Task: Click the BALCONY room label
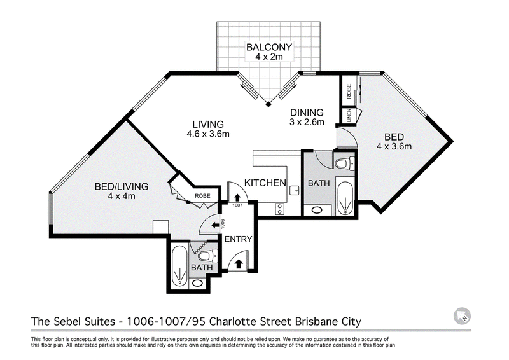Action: (x=269, y=47)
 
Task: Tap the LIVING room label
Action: (x=208, y=124)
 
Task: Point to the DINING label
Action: (x=307, y=113)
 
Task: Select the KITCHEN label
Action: (x=265, y=183)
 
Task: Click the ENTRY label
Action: (x=238, y=239)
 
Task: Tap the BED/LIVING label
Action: (x=122, y=186)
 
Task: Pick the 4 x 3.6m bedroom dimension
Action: (x=394, y=146)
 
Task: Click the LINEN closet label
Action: (x=349, y=116)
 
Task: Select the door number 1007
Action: (x=237, y=205)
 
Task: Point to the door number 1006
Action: (x=223, y=224)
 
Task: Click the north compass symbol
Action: (x=463, y=315)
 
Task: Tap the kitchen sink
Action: (x=295, y=190)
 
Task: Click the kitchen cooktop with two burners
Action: (x=279, y=209)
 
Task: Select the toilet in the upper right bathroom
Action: (x=345, y=163)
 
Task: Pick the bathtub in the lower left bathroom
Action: (x=179, y=267)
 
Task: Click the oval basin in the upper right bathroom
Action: (x=316, y=211)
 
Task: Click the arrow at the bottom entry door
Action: (x=239, y=263)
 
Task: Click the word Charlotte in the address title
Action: (x=232, y=321)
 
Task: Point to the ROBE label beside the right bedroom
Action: (x=349, y=91)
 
